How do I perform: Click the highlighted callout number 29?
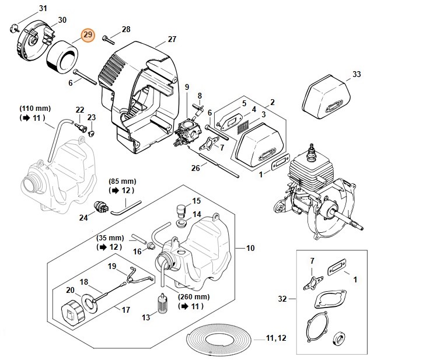coord(88,36)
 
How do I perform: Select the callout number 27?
coord(172,39)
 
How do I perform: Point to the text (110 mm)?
coord(35,109)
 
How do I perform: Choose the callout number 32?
coord(282,299)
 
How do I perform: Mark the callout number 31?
coord(43,8)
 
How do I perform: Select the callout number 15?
coord(197,201)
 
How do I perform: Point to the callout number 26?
coord(197,167)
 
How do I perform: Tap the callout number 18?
coord(84,282)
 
